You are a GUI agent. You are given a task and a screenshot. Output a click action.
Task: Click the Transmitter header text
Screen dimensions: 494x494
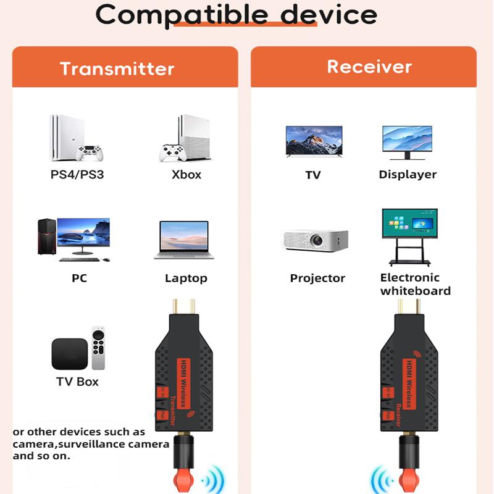click(x=117, y=69)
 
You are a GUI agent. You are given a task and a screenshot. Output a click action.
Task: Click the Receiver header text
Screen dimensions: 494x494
click(x=369, y=67)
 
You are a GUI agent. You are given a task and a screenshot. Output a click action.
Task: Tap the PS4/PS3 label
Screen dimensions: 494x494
click(x=77, y=175)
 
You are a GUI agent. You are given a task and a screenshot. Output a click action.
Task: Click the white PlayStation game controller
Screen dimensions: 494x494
click(x=90, y=152)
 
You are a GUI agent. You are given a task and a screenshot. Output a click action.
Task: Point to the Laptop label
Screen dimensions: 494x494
click(x=186, y=278)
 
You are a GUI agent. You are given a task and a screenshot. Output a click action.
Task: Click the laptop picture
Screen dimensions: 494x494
click(x=183, y=240)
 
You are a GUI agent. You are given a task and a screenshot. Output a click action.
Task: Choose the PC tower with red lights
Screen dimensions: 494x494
click(x=46, y=236)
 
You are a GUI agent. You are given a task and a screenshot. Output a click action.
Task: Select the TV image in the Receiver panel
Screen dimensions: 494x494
click(x=313, y=143)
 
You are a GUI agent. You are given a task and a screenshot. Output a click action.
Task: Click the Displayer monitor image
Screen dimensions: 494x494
click(x=407, y=143)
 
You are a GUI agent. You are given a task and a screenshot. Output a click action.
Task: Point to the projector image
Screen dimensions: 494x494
click(x=314, y=240)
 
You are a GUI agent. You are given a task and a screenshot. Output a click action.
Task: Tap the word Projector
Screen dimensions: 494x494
click(x=317, y=278)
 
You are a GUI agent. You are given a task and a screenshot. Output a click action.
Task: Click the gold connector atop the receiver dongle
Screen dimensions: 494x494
click(x=408, y=307)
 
